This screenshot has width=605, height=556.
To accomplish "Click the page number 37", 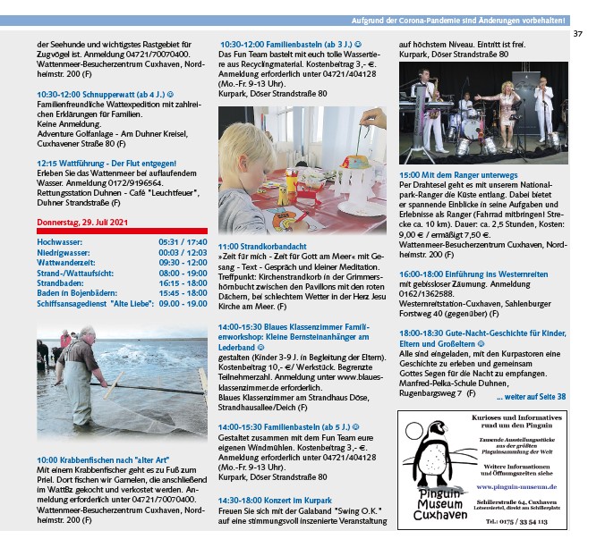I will [577, 35].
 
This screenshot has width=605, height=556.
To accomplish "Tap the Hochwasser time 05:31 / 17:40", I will [183, 242].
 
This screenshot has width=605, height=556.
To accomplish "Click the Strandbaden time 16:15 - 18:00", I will [183, 282].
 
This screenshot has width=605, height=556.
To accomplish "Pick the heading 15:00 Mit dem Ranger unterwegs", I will [459, 176].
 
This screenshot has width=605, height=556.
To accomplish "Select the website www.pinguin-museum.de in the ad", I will [516, 486].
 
